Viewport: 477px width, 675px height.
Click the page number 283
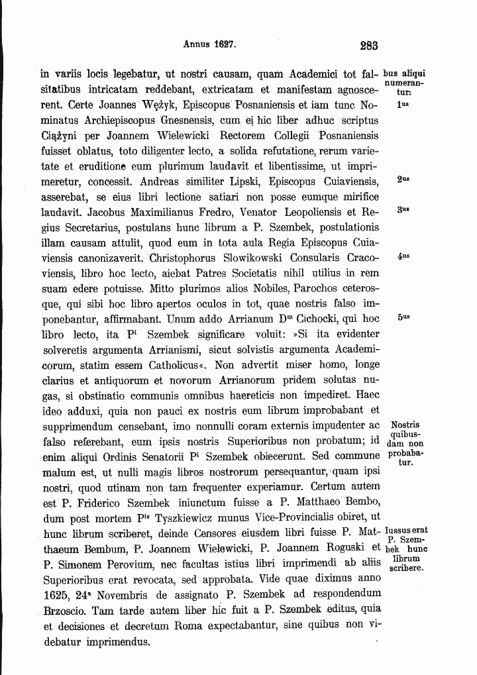pos(369,46)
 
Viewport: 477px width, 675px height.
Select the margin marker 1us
pos(401,105)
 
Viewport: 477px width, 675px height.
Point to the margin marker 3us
pos(402,211)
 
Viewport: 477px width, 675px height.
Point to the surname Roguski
pos(333,548)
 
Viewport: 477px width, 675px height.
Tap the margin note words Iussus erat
pos(405,531)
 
